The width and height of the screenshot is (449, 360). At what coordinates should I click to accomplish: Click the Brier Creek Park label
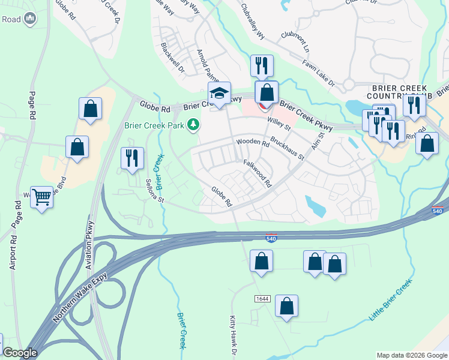click(x=154, y=125)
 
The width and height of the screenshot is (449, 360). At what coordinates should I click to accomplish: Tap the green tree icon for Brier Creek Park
click(x=193, y=125)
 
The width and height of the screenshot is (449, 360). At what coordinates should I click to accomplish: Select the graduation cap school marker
click(x=220, y=94)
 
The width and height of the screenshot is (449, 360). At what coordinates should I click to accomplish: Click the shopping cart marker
click(x=41, y=196)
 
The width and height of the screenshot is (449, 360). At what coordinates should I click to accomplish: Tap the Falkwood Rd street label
click(x=258, y=173)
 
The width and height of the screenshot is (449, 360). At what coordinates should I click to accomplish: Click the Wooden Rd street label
click(x=252, y=142)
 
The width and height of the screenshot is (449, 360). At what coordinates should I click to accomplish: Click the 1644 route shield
click(x=262, y=298)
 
